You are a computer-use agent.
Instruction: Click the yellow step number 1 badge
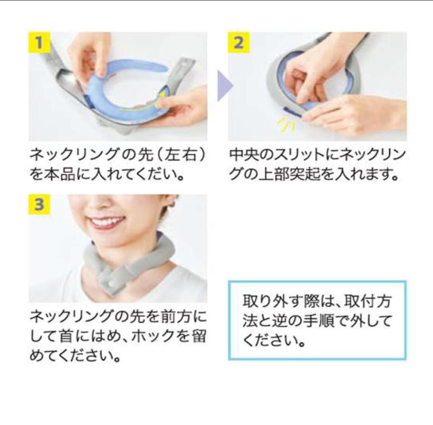click(x=39, y=42)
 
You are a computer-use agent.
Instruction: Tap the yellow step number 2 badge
click(x=238, y=42)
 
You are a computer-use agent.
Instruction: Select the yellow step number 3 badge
click(x=39, y=205)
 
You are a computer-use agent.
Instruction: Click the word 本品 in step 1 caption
click(x=60, y=175)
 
